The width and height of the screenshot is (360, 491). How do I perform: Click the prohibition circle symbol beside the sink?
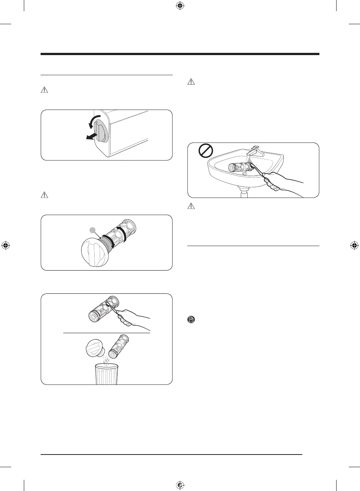point(206,151)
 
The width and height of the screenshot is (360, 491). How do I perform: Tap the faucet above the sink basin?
point(257,151)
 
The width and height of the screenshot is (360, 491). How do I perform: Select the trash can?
point(106,374)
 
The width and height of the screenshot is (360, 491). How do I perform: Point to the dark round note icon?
point(191,319)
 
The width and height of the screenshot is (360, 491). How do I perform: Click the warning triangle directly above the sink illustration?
point(191,82)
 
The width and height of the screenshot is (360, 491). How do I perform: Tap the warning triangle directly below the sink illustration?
point(191,206)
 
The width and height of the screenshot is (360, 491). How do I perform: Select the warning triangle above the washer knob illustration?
point(44,90)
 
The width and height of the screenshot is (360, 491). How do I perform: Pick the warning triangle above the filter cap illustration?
point(44,195)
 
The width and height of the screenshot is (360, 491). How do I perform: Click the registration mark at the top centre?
point(180,6)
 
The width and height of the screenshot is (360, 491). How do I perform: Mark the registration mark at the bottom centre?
point(180,485)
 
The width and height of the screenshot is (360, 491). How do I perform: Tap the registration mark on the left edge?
point(6,245)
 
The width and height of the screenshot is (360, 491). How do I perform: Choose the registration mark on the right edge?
point(354,245)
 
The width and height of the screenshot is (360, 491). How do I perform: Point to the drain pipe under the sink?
point(244,193)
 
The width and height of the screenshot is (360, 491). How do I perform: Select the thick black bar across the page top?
point(180,54)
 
